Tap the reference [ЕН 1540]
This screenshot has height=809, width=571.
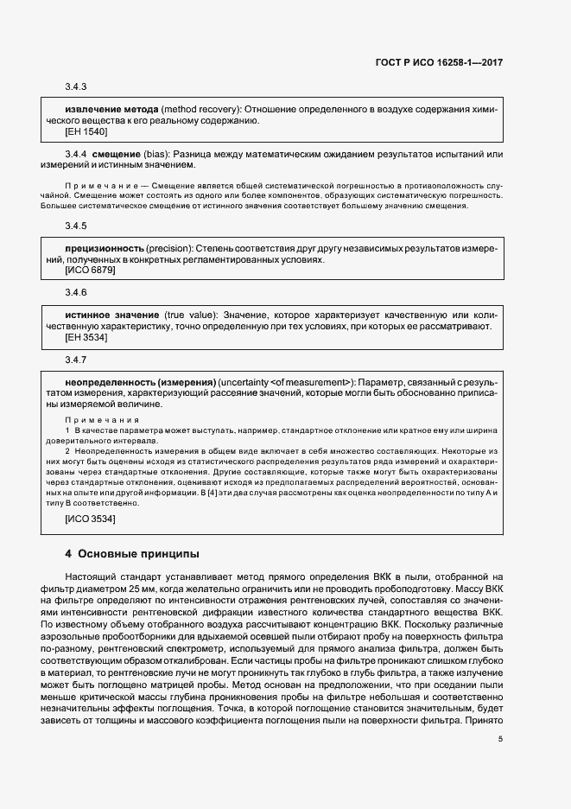[x=86, y=131]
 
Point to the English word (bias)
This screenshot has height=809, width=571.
[x=162, y=154]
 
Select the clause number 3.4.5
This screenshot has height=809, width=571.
[x=76, y=226]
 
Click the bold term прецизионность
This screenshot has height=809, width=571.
[x=105, y=248]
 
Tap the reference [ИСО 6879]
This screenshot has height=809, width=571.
[x=91, y=270]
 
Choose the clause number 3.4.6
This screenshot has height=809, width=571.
[x=76, y=293]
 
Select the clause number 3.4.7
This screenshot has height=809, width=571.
[x=76, y=359]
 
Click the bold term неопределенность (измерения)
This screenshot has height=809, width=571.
[x=140, y=381]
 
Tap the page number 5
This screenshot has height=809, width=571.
[x=501, y=738]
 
